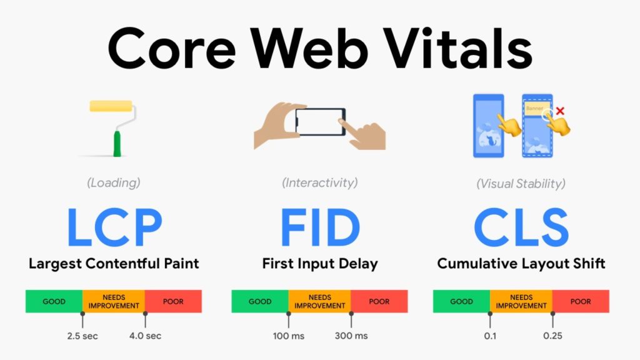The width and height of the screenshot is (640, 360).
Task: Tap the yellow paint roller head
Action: click(x=111, y=106)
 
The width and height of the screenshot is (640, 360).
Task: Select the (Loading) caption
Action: click(x=113, y=183)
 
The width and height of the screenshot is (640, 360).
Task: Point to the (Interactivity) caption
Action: click(x=319, y=183)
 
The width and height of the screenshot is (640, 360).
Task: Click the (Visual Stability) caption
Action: click(x=521, y=184)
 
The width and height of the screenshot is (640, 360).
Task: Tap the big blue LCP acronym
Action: click(x=114, y=227)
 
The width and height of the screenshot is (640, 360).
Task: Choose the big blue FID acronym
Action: click(x=319, y=227)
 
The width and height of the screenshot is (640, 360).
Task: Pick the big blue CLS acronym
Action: click(x=521, y=227)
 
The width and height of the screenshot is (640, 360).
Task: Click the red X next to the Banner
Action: click(x=560, y=111)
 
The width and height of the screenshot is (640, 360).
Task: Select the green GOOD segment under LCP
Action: click(x=54, y=301)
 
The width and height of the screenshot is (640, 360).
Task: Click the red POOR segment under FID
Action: click(x=379, y=301)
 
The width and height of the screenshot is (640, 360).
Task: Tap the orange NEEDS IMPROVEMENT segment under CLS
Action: click(x=521, y=301)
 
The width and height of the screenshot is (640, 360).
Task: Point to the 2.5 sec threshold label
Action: click(x=82, y=336)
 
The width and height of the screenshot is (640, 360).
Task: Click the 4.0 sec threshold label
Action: click(x=145, y=336)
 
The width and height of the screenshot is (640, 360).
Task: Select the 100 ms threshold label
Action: click(x=289, y=336)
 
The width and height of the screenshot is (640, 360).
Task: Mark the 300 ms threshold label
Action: click(x=351, y=336)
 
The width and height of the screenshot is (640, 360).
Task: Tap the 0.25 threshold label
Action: click(x=552, y=336)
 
